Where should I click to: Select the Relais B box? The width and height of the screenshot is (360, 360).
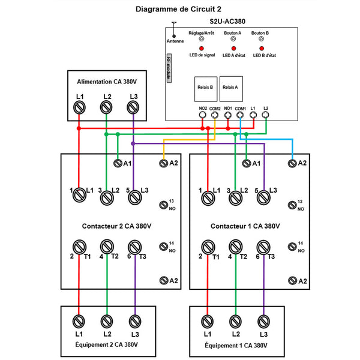click(x=205, y=88)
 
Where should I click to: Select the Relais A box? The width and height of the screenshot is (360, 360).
click(x=230, y=88)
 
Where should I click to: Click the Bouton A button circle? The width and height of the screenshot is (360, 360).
click(x=233, y=39)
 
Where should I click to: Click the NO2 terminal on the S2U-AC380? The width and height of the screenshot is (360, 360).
click(x=203, y=115)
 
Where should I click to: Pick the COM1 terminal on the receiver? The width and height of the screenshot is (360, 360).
click(x=241, y=115)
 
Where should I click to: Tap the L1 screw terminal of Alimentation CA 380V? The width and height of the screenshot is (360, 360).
click(x=79, y=107)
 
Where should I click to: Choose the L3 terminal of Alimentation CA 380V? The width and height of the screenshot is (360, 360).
click(x=133, y=107)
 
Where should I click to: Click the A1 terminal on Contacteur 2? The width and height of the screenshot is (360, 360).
click(x=118, y=163)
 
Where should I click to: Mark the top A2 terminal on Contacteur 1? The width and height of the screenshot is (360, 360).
click(x=292, y=163)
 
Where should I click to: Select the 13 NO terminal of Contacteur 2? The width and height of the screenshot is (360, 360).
click(x=163, y=205)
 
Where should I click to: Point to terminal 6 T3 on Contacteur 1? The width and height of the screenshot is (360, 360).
click(x=262, y=247)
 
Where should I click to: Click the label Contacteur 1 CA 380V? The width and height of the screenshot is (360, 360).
click(x=245, y=226)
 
